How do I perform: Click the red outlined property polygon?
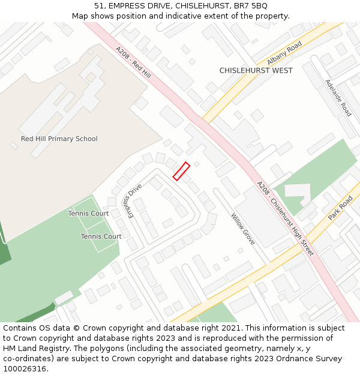[181, 171]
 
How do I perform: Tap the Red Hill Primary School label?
[59, 139]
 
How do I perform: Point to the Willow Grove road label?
[243, 229]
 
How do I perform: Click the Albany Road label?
[284, 53]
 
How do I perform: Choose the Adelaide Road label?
[338, 98]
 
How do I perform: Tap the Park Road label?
[340, 208]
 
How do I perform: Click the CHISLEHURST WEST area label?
[256, 70]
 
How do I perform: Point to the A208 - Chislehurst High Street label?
[285, 218]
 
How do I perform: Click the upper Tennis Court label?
[88, 214]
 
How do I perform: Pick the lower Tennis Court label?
[101, 236]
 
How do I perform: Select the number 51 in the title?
[99, 5]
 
